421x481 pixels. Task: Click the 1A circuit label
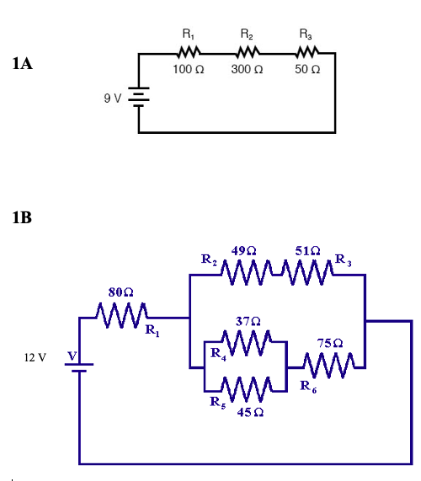coord(23,63)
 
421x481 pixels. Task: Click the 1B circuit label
coord(23,218)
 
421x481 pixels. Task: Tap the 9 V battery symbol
coord(139,98)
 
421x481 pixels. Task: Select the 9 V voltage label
coord(113,99)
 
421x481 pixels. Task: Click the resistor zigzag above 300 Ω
coord(246,52)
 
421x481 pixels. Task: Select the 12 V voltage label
coord(35,358)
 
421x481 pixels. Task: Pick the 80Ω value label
coord(121,291)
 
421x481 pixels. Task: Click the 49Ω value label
coord(243,251)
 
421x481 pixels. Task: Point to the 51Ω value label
coord(307,251)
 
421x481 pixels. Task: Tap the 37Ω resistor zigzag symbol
coord(248,343)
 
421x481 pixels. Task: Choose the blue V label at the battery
coord(73,357)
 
